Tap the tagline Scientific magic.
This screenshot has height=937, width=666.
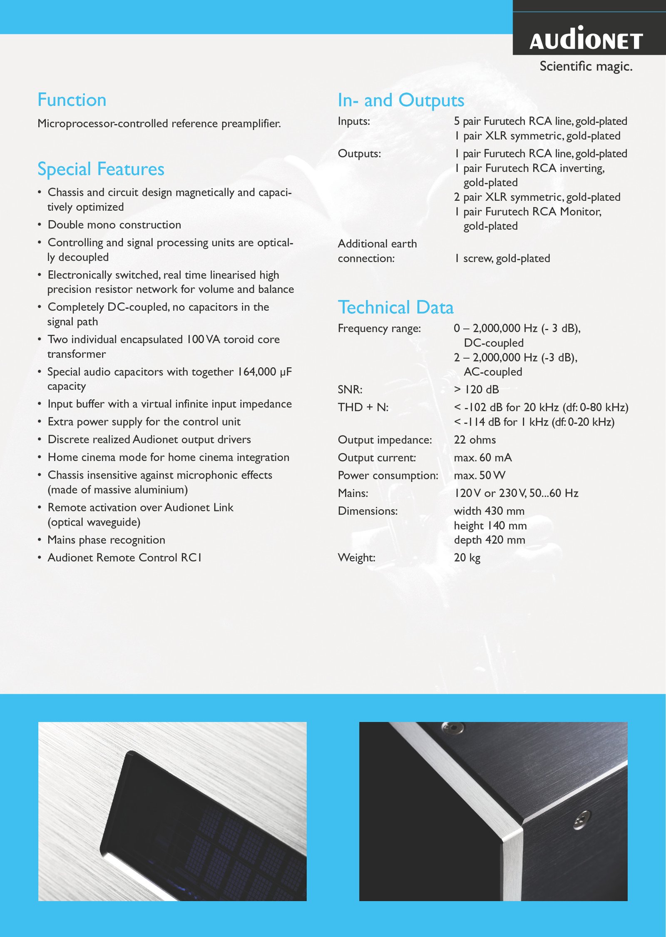point(586,66)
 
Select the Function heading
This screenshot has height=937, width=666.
point(72,100)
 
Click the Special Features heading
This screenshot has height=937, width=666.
point(101,169)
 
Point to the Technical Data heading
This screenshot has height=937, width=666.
point(395,307)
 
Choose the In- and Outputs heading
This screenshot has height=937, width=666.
point(401,100)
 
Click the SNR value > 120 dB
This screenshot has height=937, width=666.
point(476,389)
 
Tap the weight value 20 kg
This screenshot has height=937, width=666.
point(467,557)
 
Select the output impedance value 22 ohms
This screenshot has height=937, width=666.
point(475,440)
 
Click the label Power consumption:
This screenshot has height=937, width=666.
point(388,475)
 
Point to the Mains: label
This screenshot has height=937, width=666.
point(353,493)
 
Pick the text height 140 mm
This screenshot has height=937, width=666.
point(490,526)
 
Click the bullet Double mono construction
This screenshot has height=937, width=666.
point(114,225)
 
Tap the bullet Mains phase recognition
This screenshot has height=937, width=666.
point(106,540)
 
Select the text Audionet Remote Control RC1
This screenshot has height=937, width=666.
point(124,558)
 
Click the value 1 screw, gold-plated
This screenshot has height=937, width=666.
point(502,258)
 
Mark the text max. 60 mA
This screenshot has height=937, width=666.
point(483,458)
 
